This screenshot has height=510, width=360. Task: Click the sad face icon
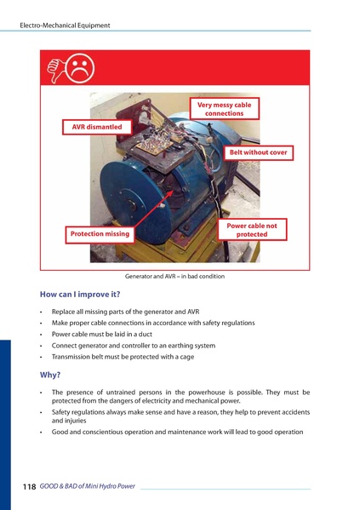80,68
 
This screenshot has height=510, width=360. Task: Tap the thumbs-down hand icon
56,70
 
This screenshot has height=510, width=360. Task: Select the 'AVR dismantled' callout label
97,127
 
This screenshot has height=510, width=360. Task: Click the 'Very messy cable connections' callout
225,109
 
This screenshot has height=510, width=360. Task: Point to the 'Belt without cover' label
258,152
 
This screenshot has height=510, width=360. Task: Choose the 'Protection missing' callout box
100,234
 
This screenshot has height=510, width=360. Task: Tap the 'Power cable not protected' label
252,230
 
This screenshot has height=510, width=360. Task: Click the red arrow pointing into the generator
153,209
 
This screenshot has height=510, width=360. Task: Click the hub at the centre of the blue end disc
131,204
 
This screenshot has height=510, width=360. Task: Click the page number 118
29,486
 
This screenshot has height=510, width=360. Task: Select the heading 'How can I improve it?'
80,295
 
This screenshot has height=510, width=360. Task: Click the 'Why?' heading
50,375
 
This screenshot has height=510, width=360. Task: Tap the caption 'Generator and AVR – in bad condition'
174,276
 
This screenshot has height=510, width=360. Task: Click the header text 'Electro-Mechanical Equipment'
65,26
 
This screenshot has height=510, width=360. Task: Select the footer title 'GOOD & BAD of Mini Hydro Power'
87,486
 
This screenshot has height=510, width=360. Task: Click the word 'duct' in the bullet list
146,334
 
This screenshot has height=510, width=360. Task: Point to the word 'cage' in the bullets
187,357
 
